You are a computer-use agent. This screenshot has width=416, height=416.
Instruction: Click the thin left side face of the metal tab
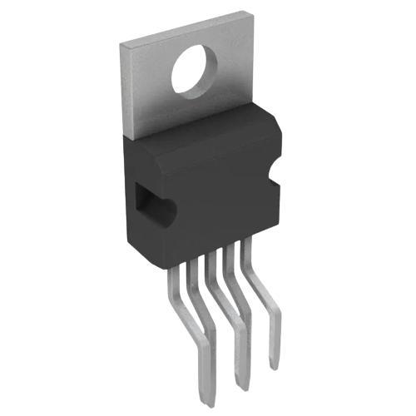click(x=124, y=92)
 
